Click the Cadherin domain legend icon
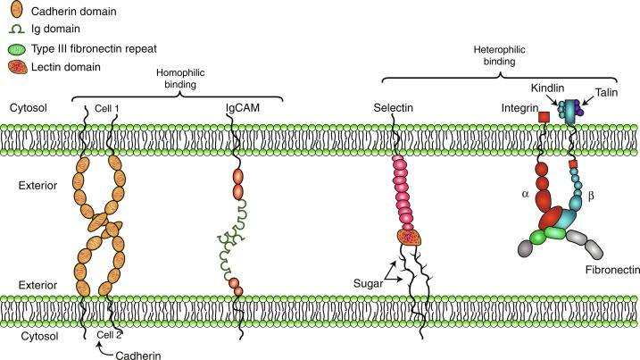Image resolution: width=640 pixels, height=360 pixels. [17, 10]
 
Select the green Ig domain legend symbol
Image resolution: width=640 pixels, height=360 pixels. [17, 29]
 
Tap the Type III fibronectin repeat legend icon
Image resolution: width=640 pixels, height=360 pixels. [17, 49]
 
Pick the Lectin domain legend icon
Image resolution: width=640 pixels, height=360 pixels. [18, 67]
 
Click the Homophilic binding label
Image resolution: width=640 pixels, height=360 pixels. [180, 79]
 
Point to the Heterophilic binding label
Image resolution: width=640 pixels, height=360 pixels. [499, 55]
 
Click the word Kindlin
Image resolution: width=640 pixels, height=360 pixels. [547, 88]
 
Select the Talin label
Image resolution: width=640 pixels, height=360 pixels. [606, 92]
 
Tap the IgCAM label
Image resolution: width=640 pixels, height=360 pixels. [243, 108]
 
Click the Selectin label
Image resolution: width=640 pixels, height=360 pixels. [393, 108]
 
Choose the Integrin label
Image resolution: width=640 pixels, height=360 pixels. [519, 108]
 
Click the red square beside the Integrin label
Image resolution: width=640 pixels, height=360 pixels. [544, 117]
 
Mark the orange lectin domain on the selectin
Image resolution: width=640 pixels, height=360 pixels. [410, 238]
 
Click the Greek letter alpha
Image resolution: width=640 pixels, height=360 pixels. [526, 194]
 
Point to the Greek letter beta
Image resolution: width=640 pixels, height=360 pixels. [591, 197]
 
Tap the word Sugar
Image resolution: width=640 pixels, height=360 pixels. [368, 283]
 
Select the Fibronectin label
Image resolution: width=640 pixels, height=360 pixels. [612, 270]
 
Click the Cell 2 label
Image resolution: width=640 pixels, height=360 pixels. [109, 335]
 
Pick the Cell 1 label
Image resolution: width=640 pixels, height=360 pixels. [107, 108]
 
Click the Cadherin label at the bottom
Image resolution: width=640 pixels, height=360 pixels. [138, 356]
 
